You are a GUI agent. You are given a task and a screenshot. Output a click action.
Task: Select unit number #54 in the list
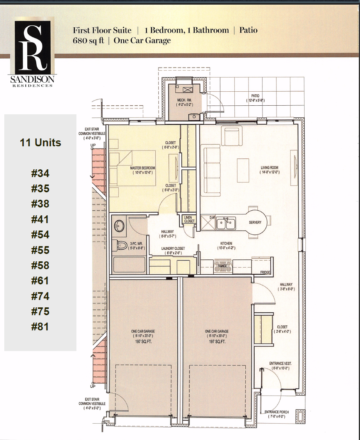40,235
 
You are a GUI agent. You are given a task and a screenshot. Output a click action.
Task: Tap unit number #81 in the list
40,326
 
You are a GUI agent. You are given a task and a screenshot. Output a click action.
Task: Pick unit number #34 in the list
40,174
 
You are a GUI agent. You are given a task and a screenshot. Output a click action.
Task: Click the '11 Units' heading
40,143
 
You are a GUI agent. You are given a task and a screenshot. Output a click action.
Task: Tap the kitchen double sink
226,224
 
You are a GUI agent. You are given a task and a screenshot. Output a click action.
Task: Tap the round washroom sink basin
119,225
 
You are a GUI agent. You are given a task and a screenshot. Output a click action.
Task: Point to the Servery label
255,222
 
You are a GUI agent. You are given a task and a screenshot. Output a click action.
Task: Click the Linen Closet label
189,219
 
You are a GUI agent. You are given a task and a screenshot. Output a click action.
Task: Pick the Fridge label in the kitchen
265,272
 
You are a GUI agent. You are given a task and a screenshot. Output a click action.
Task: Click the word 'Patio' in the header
248,30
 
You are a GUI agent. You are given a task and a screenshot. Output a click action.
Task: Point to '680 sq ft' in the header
88,40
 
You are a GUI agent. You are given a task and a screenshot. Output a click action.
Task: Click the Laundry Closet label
173,248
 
